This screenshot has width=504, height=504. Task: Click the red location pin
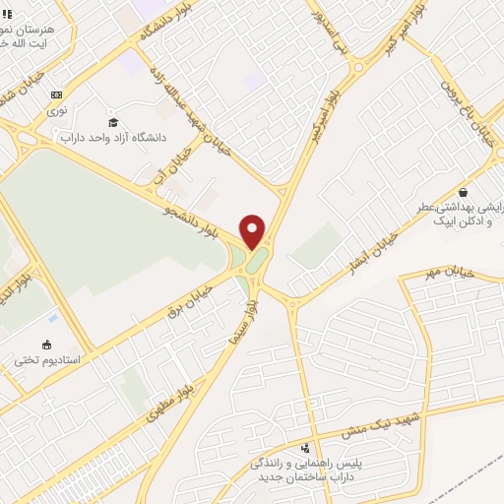click(253, 231)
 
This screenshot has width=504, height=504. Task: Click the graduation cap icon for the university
click(113, 121)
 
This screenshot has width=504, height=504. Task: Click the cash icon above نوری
click(56, 94)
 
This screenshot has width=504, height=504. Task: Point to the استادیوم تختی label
click(40, 359)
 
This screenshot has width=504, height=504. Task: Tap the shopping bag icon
click(463, 193)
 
